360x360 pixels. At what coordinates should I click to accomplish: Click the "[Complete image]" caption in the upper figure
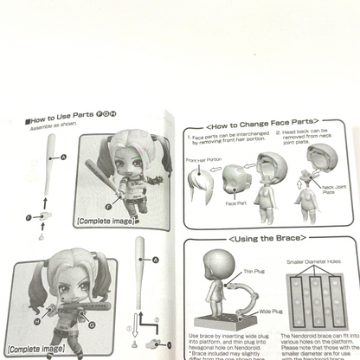[106, 221]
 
